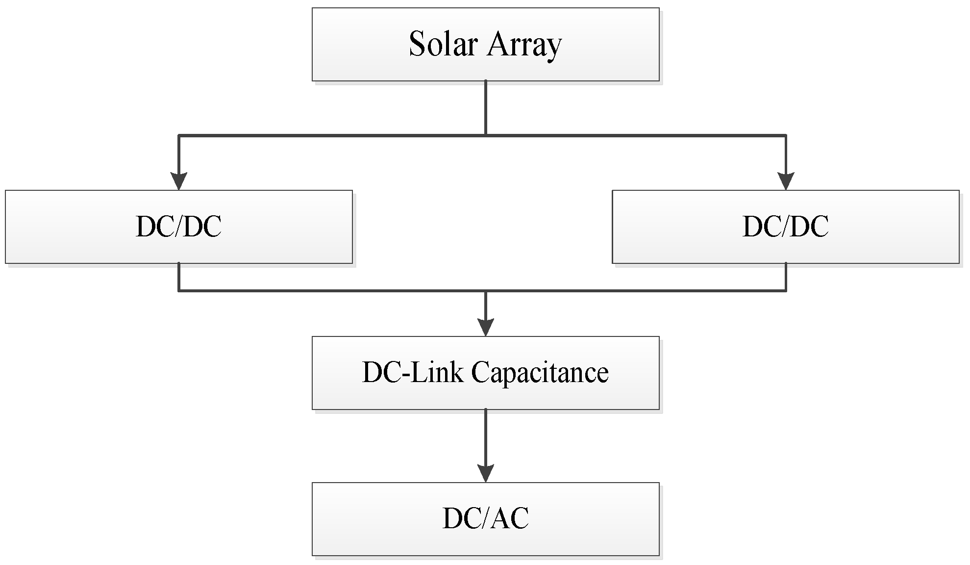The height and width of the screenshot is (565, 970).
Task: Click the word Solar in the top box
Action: click(443, 44)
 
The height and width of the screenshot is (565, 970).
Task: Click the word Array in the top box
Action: click(524, 46)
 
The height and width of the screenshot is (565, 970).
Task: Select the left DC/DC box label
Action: click(178, 227)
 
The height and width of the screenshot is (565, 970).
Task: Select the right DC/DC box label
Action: click(785, 227)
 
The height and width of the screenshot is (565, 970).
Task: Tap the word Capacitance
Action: click(540, 373)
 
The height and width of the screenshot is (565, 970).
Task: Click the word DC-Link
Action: click(413, 372)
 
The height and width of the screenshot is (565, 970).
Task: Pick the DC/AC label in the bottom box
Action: click(485, 518)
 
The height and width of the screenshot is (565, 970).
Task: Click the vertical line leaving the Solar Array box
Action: click(485, 108)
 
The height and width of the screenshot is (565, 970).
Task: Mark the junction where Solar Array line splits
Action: click(485, 135)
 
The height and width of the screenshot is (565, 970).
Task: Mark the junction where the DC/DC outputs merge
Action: click(485, 291)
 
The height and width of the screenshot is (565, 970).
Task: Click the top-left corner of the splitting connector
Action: click(179, 135)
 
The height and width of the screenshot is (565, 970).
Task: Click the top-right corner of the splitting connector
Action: click(786, 135)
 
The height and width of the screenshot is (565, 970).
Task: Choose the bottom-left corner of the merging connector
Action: click(179, 291)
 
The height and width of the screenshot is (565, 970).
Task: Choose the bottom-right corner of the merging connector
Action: click(786, 291)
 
